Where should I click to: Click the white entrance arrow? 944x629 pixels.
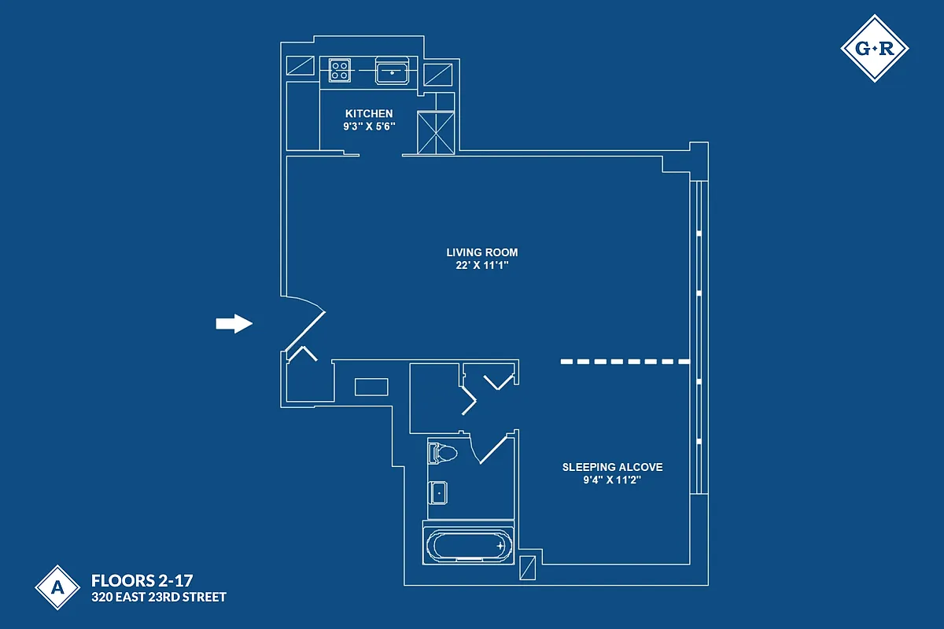234,323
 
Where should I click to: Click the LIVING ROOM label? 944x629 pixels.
482,252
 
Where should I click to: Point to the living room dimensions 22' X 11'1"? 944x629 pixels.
482,265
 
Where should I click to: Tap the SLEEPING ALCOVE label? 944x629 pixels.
612,467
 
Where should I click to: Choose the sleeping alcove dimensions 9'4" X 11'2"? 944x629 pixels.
612,480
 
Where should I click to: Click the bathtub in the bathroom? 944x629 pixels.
467,544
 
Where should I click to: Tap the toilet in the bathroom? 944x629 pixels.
442,454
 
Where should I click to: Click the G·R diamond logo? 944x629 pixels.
874,48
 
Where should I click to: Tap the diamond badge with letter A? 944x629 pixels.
56,587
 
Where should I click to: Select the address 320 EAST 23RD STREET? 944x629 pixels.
159,598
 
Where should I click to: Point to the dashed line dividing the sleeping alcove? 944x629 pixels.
625,362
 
